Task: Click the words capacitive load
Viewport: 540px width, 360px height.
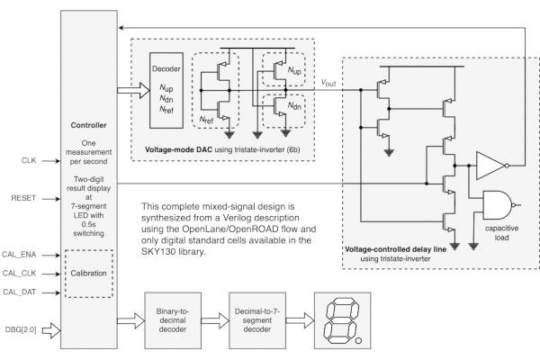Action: [502, 234]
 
